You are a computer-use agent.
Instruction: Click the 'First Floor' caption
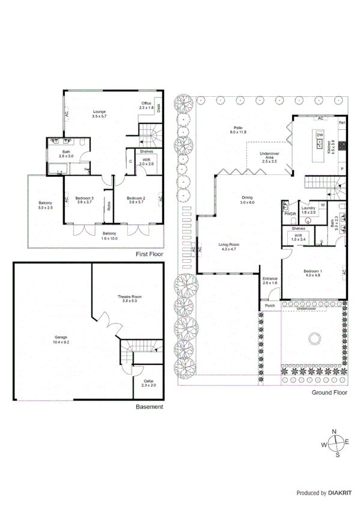pos(150,254)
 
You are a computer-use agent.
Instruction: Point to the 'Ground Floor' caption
pos(329,393)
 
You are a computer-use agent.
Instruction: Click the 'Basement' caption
pos(149,407)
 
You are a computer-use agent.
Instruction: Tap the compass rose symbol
pos(337,444)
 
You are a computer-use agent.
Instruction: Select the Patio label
pos(237,127)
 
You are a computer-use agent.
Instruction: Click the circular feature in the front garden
pos(313,339)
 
